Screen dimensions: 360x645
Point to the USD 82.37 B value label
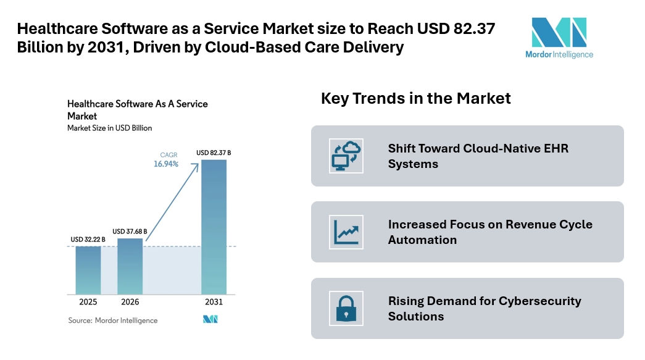coord(214,153)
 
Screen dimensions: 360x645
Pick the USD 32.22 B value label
coord(88,240)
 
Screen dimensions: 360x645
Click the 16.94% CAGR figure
coord(166,164)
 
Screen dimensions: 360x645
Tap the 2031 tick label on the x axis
coord(214,303)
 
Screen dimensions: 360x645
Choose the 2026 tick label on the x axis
coord(130,303)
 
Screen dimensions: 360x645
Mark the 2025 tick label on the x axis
coord(88,303)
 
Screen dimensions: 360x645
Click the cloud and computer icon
coord(346,156)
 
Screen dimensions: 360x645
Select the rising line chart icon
coord(346,232)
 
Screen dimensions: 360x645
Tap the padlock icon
coord(346,309)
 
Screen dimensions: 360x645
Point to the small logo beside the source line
coord(210,320)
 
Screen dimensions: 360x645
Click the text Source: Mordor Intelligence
coord(112,320)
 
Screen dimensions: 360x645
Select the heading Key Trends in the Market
coord(415,98)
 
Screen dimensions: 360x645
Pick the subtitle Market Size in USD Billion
coord(109,128)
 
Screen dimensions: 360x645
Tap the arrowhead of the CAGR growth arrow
coord(198,164)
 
